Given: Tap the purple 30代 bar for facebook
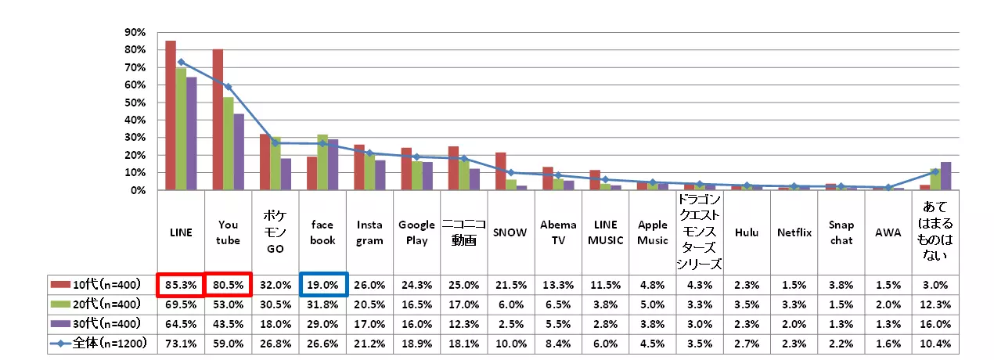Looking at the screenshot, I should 333,165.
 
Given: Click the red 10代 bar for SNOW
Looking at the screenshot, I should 500,171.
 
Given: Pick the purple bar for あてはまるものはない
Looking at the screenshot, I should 945,176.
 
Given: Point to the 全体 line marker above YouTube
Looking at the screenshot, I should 228,87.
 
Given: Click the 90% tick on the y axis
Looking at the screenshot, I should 135,32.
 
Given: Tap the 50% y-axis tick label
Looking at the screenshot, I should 135,103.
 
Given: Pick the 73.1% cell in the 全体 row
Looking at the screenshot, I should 180,343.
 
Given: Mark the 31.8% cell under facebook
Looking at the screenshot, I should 322,304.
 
